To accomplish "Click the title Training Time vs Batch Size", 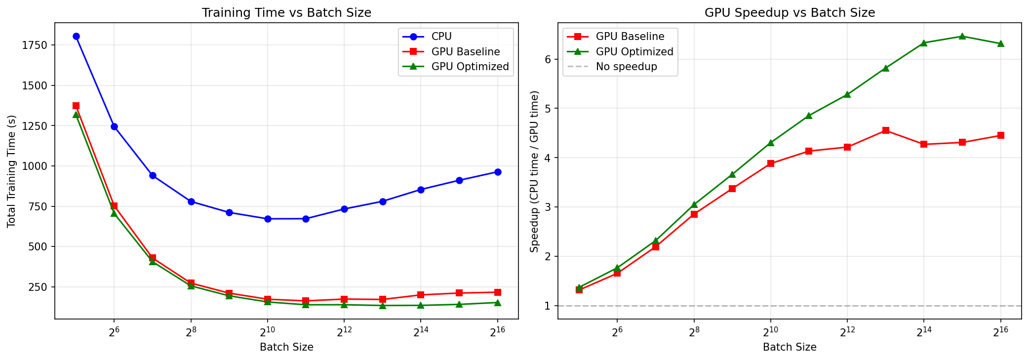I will (286, 13).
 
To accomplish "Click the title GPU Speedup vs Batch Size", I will (790, 13).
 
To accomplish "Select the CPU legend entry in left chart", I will (441, 37).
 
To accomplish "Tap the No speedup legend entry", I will (626, 67).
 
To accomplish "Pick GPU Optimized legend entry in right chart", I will (634, 52).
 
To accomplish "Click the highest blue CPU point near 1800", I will (76, 36).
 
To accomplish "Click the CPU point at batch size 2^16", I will (498, 172).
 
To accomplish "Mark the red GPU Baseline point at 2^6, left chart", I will (114, 205).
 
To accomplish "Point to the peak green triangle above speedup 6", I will (962, 36).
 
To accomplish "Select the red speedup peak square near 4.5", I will (886, 130).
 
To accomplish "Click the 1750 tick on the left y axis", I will (39, 45).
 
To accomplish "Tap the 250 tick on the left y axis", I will (41, 287).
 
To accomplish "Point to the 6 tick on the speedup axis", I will (548, 59).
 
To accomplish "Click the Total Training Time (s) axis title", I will (12, 171).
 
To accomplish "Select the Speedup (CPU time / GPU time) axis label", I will (534, 171).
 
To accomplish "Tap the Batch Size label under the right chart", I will (790, 347).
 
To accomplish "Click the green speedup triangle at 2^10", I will (771, 143).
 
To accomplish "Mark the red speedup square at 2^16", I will (1001, 135).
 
